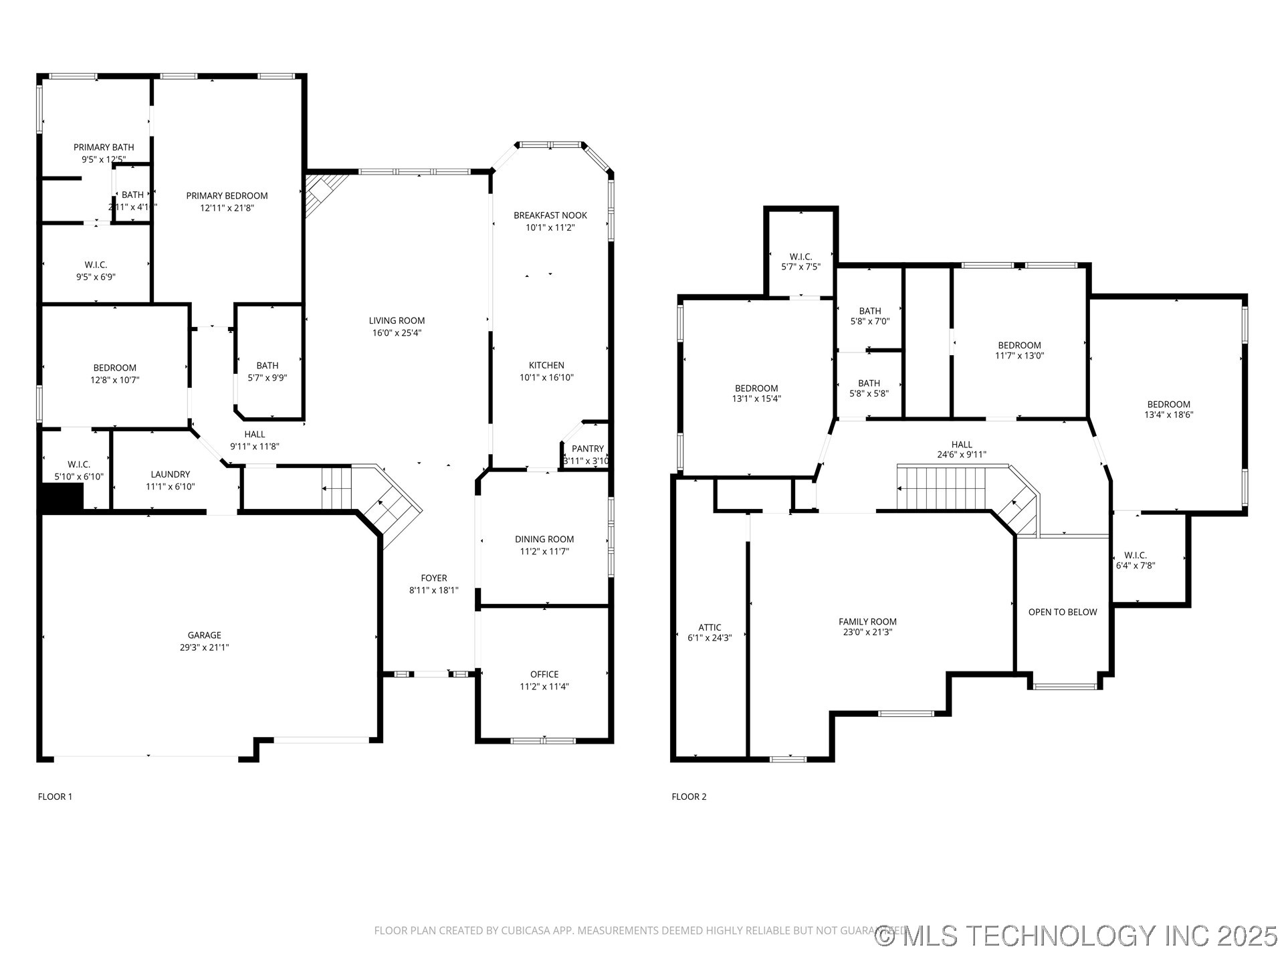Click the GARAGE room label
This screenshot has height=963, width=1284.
coord(204,635)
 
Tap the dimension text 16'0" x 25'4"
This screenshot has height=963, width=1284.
coord(397,333)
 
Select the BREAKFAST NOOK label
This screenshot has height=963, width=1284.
coord(550,215)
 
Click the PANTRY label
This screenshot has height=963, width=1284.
coord(587,449)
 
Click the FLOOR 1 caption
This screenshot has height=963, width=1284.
coord(55,796)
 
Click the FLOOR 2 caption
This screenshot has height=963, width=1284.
coord(689,796)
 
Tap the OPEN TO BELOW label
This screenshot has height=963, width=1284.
coord(1062,612)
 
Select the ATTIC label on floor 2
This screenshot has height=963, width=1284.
coord(710,627)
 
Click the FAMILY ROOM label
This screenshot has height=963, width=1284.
coord(867,622)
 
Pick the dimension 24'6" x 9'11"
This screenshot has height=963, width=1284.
coord(961,455)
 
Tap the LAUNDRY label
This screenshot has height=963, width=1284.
coord(170,475)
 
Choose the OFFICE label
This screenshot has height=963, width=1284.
coord(544,674)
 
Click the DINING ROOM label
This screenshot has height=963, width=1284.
coord(544,539)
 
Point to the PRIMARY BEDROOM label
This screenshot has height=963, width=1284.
coord(227,196)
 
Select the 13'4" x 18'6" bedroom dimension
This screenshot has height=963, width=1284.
coord(1168,415)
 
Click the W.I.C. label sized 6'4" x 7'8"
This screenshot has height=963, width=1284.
coord(1135,555)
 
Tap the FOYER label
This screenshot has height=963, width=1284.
coord(433,578)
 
